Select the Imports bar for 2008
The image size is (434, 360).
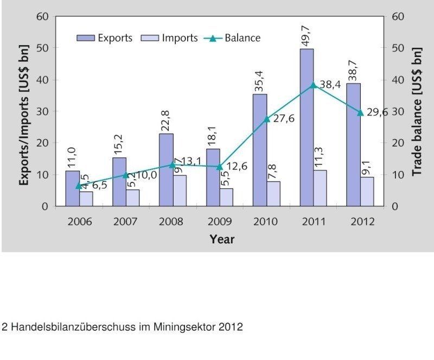tap(179, 191)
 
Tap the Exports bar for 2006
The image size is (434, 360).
tap(72, 188)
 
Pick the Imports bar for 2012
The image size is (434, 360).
tap(367, 192)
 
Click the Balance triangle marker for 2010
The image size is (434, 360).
tap(266, 118)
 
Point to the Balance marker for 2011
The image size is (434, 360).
tap(313, 85)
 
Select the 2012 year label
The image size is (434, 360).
tap(360, 222)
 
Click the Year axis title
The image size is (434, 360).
tap(222, 239)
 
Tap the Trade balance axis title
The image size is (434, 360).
tap(416, 111)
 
